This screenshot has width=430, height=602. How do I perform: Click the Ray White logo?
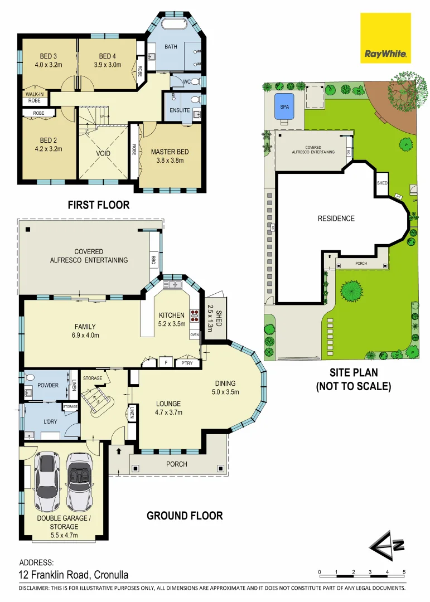point(385,38)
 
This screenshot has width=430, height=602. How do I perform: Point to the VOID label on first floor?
point(103,153)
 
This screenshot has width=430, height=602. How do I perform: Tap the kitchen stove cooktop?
point(195,316)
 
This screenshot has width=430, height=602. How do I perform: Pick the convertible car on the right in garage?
point(79,483)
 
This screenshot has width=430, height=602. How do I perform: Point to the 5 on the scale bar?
point(404,572)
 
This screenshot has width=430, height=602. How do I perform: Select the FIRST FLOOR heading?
point(99,205)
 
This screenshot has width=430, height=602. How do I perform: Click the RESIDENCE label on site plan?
point(336,219)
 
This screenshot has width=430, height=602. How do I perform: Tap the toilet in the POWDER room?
point(32,377)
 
